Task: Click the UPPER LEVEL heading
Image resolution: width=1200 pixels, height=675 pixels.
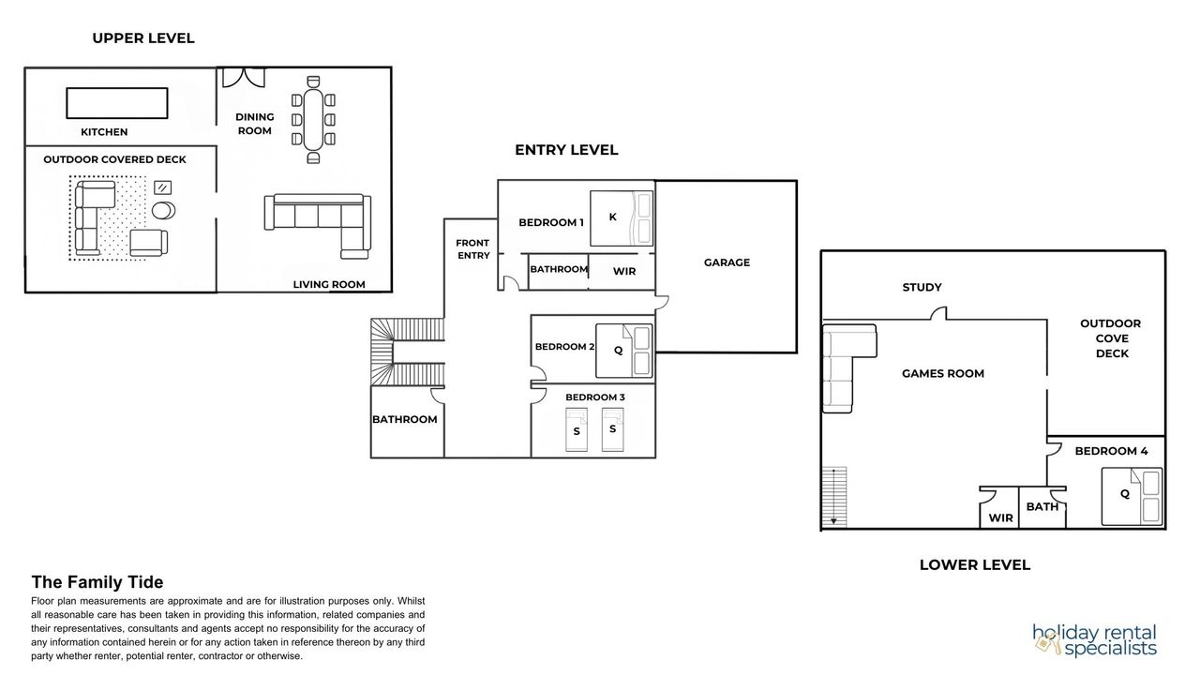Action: (143, 38)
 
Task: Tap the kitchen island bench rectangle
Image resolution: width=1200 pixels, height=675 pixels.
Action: (117, 103)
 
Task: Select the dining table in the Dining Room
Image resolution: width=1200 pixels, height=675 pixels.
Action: (313, 119)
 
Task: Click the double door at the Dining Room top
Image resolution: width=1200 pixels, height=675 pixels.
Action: (244, 77)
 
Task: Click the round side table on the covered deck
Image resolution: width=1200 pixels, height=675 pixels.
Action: (163, 210)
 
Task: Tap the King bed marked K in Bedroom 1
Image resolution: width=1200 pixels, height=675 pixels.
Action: (622, 218)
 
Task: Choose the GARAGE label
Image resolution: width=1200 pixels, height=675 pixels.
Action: (727, 262)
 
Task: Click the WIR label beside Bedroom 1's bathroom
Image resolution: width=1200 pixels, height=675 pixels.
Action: (624, 272)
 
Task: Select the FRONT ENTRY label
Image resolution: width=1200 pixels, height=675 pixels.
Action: (473, 249)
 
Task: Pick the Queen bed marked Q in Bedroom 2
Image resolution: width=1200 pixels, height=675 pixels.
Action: (624, 351)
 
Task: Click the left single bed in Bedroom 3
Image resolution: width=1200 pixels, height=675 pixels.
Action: (577, 429)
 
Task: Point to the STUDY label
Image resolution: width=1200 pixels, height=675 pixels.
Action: (922, 287)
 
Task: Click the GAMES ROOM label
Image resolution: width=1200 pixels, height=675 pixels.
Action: (943, 373)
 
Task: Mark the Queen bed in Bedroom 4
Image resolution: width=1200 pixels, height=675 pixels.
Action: (1132, 497)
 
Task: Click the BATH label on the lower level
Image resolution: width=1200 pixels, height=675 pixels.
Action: (1042, 507)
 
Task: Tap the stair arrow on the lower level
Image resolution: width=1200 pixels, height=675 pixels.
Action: (833, 497)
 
